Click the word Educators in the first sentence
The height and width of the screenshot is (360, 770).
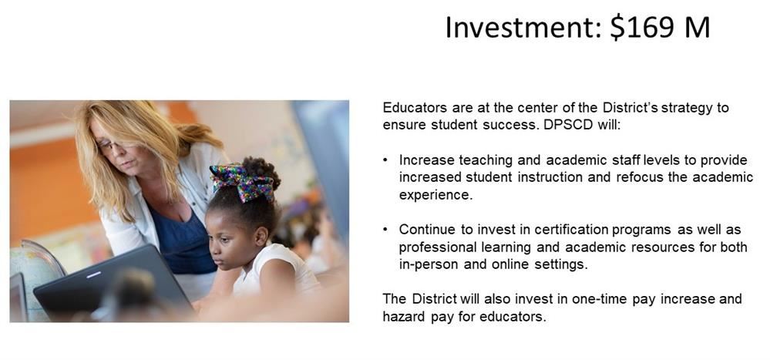(415, 108)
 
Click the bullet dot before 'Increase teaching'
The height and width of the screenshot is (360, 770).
(386, 160)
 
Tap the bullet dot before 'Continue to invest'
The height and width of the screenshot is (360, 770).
(386, 230)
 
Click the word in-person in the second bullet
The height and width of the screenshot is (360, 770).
(426, 265)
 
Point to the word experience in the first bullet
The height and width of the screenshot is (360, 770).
(435, 196)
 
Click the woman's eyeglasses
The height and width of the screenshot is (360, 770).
(110, 146)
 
